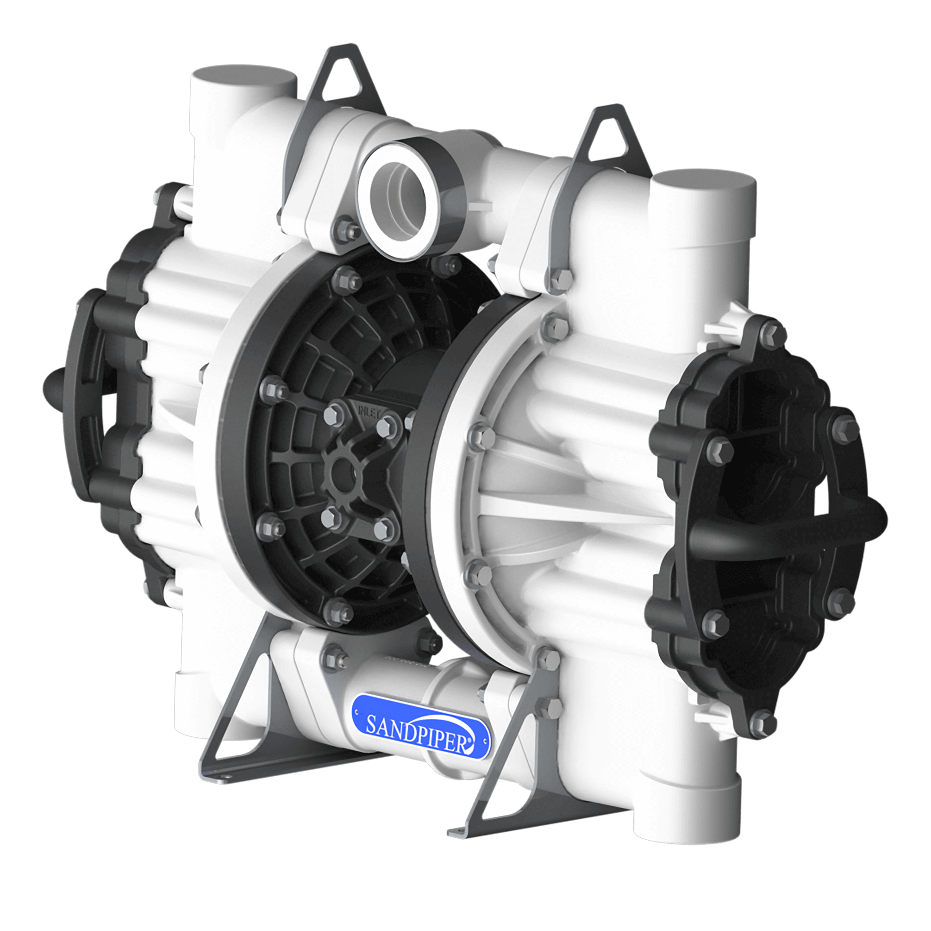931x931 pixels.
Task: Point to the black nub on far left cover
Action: (53, 388)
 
